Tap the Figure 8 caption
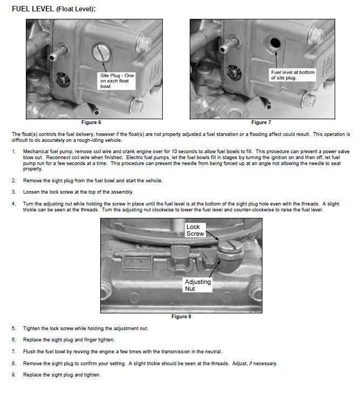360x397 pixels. [x=181, y=317]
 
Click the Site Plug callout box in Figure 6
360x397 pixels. [x=116, y=81]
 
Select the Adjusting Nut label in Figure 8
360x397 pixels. [x=198, y=285]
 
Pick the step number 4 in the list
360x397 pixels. [x=13, y=203]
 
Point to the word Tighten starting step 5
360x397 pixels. [x=32, y=328]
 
